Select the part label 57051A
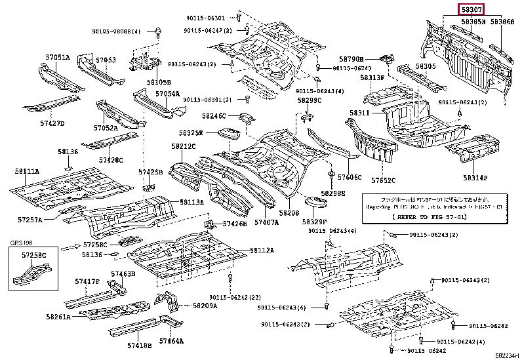pyautogui.click(x=57, y=58)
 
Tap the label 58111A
pyautogui.click(x=27, y=171)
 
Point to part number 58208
pyautogui.click(x=289, y=213)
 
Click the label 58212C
pyautogui.click(x=184, y=146)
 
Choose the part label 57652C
pyautogui.click(x=385, y=180)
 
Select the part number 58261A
pyautogui.click(x=58, y=317)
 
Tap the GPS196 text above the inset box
pyautogui.click(x=20, y=243)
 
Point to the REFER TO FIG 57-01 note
pyautogui.click(x=426, y=216)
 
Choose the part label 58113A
pyautogui.click(x=191, y=203)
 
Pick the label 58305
pyautogui.click(x=425, y=66)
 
